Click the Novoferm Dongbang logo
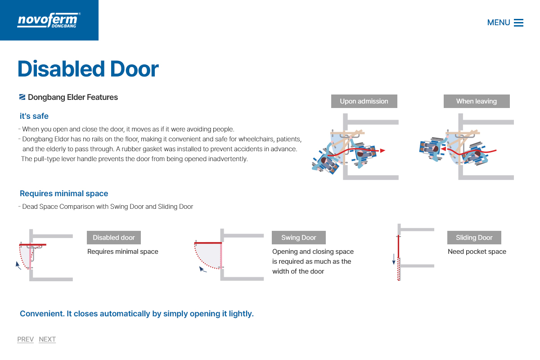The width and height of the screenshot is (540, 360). pyautogui.click(x=49, y=20)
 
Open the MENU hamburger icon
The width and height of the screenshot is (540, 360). pyautogui.click(x=518, y=22)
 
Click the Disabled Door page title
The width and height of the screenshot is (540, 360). pyautogui.click(x=88, y=69)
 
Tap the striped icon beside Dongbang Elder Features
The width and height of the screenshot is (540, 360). pyautogui.click(x=22, y=97)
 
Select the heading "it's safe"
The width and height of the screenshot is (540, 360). pyautogui.click(x=34, y=116)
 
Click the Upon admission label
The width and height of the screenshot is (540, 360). pyautogui.click(x=364, y=101)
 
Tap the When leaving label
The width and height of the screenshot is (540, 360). pyautogui.click(x=477, y=101)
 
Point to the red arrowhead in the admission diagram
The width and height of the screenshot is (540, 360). pyautogui.click(x=382, y=151)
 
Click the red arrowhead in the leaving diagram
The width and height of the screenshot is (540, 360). pyautogui.click(x=444, y=149)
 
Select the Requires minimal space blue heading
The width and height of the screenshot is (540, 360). pyautogui.click(x=64, y=193)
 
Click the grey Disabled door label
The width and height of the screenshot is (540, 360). pyautogui.click(x=114, y=238)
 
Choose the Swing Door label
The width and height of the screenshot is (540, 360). pyautogui.click(x=299, y=238)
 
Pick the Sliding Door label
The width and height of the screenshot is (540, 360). pyautogui.click(x=474, y=238)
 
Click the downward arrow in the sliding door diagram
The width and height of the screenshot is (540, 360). pyautogui.click(x=394, y=259)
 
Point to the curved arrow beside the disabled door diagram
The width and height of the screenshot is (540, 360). pyautogui.click(x=18, y=265)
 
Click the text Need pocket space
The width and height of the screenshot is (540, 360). pyautogui.click(x=477, y=252)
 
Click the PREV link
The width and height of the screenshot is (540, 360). pyautogui.click(x=25, y=339)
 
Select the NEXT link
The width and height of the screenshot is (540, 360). pyautogui.click(x=47, y=339)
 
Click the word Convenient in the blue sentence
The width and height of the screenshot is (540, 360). pyautogui.click(x=42, y=314)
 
